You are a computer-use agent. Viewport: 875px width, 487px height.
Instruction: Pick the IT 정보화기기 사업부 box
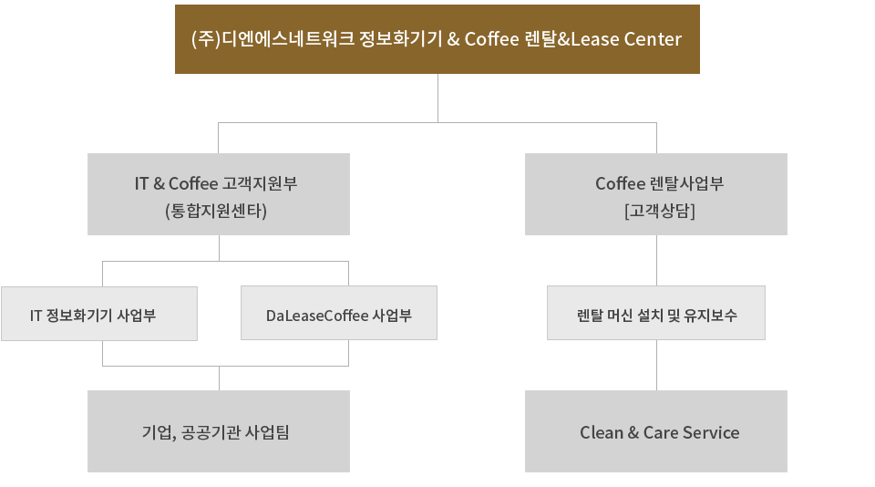99,314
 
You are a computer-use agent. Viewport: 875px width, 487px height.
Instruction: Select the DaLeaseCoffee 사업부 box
339,314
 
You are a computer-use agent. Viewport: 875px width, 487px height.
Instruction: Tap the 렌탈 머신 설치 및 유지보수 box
656,314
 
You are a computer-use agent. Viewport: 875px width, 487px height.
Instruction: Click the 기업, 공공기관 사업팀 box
219,431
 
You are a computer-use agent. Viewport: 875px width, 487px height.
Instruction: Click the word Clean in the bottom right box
602,432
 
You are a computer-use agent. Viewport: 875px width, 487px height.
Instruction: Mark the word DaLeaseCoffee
317,316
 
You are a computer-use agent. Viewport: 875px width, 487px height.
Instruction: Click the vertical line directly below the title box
438,97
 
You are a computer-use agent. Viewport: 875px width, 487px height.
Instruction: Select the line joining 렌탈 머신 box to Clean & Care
656,365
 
